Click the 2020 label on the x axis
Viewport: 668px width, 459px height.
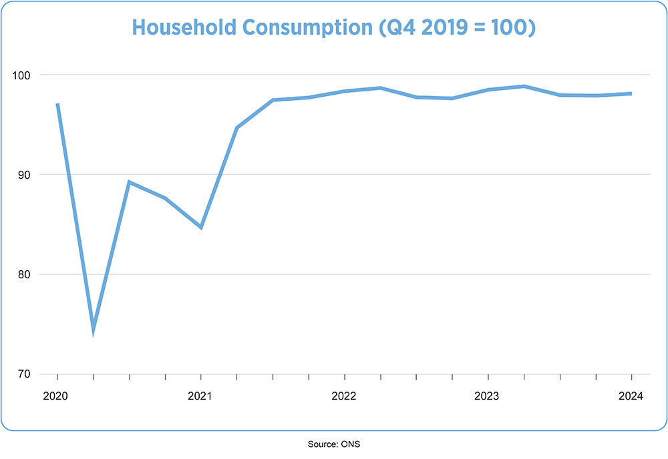coord(57,396)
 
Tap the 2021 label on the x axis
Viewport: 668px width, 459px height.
coord(200,396)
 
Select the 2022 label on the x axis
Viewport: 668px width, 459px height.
coord(344,396)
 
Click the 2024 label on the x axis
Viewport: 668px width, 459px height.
coord(631,396)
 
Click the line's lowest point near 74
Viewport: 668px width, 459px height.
coord(94,329)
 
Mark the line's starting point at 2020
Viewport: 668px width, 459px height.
coord(57,104)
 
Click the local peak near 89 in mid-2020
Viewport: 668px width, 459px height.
coord(129,181)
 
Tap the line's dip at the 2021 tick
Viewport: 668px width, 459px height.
coord(201,227)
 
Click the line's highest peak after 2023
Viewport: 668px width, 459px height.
coord(524,86)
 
